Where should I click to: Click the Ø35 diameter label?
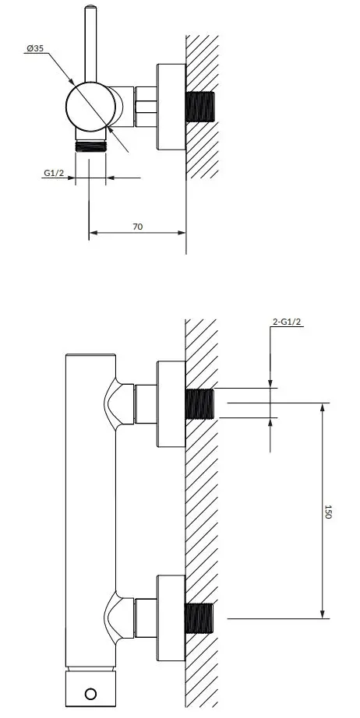[35, 48]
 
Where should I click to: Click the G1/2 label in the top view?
[54, 173]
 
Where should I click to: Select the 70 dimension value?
[137, 226]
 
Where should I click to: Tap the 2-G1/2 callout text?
[287, 322]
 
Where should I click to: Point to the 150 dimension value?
[327, 512]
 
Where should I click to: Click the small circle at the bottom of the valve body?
[90, 694]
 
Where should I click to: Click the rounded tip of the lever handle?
[90, 7]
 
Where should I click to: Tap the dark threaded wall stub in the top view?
[200, 107]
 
